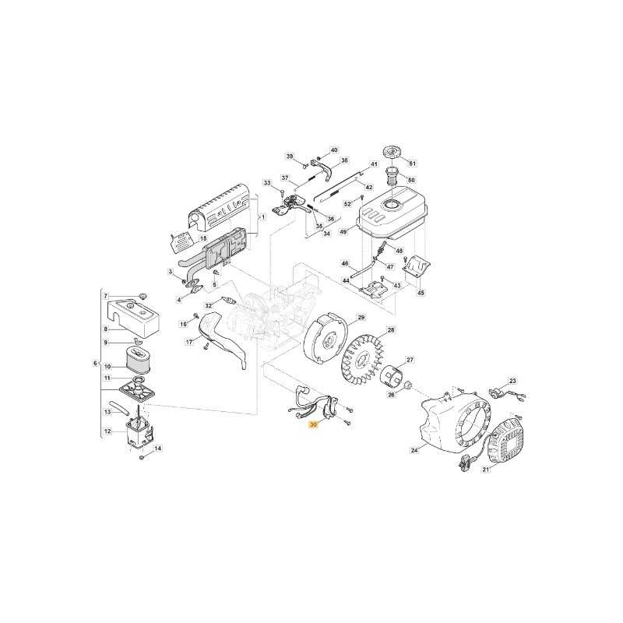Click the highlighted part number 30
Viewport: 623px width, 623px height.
coord(313,425)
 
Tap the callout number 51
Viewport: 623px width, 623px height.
coord(412,164)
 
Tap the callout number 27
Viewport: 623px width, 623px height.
coord(410,360)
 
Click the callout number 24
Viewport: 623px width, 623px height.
coord(414,450)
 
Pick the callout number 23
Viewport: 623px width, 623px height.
coord(512,381)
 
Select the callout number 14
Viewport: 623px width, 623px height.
coord(157,449)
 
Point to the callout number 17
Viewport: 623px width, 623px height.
coord(188,342)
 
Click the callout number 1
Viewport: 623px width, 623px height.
coord(262,216)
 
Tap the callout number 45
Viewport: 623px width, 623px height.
coord(421,293)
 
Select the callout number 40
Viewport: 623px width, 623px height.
coord(334,150)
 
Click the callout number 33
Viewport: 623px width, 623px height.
coord(266,183)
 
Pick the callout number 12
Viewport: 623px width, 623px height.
coord(108,431)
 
